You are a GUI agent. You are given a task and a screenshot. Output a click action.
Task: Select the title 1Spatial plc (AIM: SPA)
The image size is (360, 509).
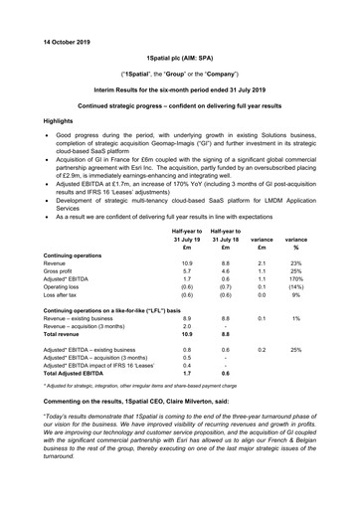pos(180,61)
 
